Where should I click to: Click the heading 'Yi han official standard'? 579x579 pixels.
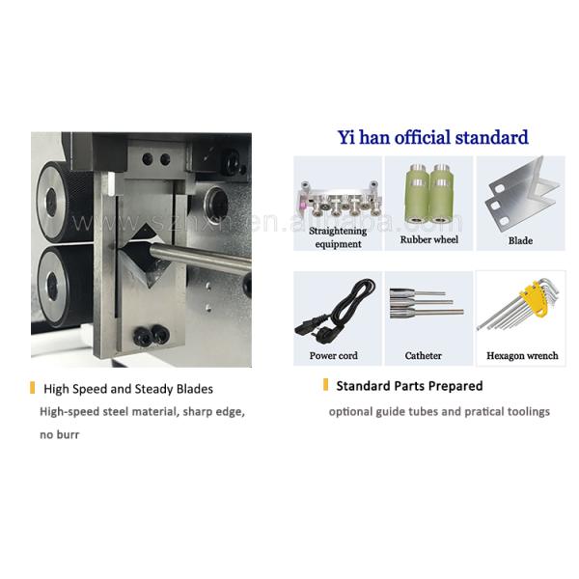[433, 137]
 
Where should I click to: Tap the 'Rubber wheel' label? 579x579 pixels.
[428, 240]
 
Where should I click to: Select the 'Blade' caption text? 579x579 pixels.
[520, 240]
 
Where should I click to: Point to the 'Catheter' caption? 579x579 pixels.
[424, 356]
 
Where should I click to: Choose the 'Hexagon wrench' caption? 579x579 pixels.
[522, 356]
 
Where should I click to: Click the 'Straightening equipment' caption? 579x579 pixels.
[337, 237]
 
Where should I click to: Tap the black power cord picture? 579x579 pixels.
[335, 310]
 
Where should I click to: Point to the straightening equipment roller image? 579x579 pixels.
[337, 199]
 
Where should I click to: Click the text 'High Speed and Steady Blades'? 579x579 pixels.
[128, 389]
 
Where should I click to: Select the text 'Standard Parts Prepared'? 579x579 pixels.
[409, 386]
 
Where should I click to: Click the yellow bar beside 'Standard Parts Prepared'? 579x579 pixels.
[325, 386]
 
